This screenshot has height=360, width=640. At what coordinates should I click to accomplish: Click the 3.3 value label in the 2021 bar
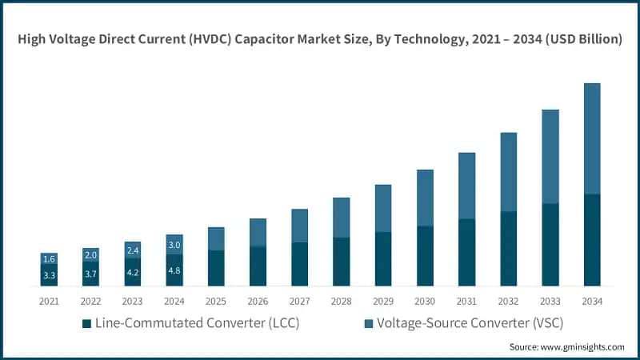49,275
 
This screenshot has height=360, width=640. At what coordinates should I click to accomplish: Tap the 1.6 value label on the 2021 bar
49,259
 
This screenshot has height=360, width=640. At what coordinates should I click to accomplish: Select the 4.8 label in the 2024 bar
174,270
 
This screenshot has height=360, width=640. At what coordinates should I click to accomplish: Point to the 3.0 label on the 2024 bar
174,245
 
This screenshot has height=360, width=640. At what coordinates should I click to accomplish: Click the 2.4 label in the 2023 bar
132,250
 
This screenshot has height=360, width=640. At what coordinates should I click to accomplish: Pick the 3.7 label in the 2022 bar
90,274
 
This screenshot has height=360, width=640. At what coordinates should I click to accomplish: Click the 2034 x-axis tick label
591,301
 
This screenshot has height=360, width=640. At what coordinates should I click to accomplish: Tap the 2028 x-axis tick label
341,301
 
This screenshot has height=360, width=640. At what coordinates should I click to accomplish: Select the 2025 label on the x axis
216,301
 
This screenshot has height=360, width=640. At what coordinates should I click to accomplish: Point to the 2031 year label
466,301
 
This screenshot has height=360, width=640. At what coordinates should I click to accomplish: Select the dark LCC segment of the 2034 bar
591,240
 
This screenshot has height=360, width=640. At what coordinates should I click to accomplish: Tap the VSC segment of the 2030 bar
425,198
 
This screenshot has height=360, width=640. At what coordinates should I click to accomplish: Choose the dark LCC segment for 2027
299,264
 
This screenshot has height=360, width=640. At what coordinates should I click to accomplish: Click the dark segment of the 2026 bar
258,266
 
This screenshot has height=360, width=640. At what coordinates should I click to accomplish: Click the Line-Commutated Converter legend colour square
86,323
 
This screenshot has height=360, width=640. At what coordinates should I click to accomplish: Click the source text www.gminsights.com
582,346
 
